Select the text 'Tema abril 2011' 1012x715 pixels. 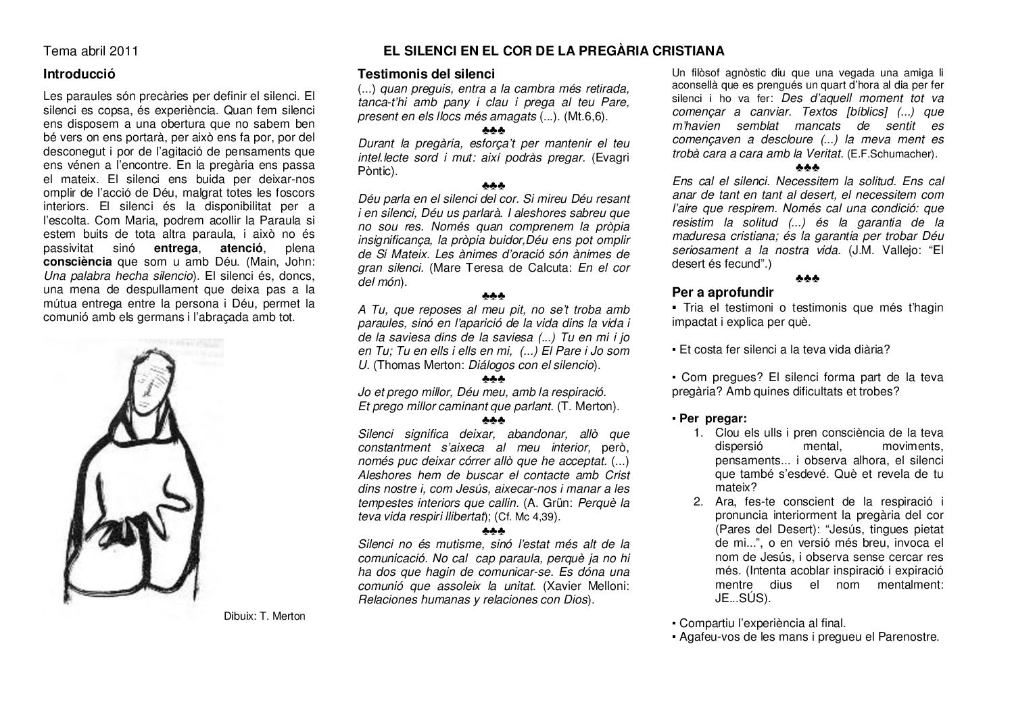tap(91, 51)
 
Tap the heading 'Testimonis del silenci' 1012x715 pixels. tap(426, 74)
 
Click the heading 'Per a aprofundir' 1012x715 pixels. tap(723, 293)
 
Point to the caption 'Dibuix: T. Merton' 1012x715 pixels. tap(265, 616)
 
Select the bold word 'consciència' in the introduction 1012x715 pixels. tap(78, 262)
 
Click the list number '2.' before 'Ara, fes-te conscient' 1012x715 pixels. tap(700, 501)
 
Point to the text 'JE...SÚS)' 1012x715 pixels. tap(742, 598)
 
